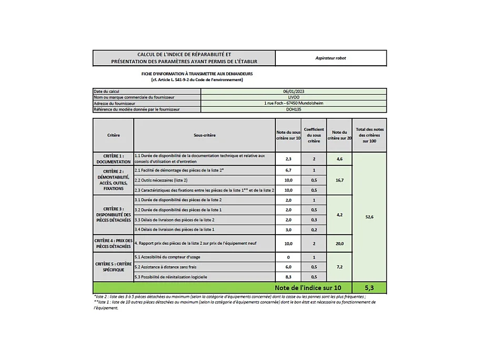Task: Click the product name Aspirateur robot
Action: pyautogui.click(x=331, y=58)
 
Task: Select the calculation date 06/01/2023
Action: pyautogui.click(x=293, y=91)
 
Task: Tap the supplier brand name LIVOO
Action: pyautogui.click(x=293, y=97)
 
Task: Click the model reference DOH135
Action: pyautogui.click(x=293, y=109)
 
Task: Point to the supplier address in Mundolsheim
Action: pyautogui.click(x=293, y=103)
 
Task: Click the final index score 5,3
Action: pyautogui.click(x=369, y=288)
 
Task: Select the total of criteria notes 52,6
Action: pyautogui.click(x=369, y=217)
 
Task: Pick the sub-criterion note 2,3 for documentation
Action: pyautogui.click(x=288, y=158)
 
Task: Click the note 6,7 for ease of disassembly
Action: pyautogui.click(x=288, y=171)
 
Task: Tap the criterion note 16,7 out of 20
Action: pyautogui.click(x=339, y=180)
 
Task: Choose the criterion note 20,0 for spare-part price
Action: pyautogui.click(x=339, y=244)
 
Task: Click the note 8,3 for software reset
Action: pyautogui.click(x=288, y=277)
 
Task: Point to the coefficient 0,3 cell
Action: pyautogui.click(x=314, y=219)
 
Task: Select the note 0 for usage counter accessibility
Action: pyautogui.click(x=288, y=257)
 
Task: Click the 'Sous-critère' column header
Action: pyautogui.click(x=204, y=135)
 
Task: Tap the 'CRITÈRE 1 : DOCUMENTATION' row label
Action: pyautogui.click(x=113, y=159)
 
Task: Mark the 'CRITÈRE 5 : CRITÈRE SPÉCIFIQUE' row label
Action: pyautogui.click(x=113, y=266)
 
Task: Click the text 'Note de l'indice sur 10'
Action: pyautogui.click(x=308, y=288)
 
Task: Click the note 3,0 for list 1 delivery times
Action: pyautogui.click(x=288, y=229)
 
